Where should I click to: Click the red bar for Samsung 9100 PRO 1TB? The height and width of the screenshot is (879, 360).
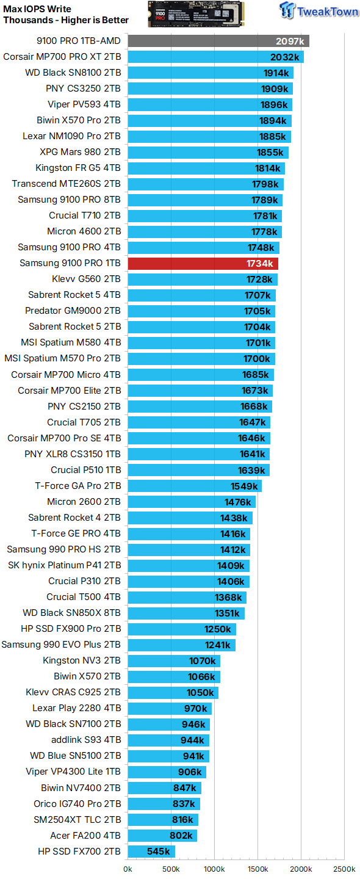(x=201, y=264)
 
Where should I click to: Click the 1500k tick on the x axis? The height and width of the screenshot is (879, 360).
(x=257, y=869)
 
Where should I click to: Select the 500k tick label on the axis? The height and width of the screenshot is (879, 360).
(x=171, y=869)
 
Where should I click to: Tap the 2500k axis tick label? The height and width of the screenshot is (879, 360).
(x=344, y=869)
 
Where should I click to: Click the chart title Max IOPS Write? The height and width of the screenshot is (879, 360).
(x=37, y=9)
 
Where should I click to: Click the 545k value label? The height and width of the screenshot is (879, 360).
(x=159, y=852)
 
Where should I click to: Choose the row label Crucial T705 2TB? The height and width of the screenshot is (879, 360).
(x=84, y=422)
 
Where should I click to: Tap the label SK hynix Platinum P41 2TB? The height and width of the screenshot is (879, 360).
(x=64, y=565)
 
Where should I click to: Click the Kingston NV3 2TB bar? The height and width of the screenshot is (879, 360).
(x=174, y=660)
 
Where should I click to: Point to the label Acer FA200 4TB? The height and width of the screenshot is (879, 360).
(x=85, y=836)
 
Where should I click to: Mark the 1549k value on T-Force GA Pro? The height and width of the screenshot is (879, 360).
(x=245, y=486)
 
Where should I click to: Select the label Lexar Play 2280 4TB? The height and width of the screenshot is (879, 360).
(x=77, y=708)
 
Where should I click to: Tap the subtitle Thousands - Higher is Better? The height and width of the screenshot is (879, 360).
(x=66, y=20)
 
